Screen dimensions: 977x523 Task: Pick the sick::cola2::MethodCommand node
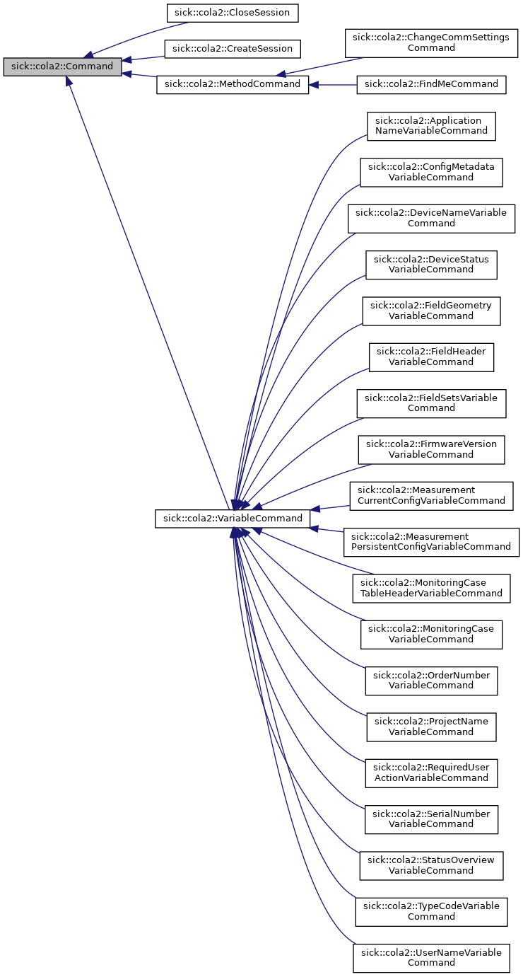[233, 85]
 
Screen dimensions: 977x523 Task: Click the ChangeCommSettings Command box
[431, 43]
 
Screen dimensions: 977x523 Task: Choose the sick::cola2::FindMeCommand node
[431, 84]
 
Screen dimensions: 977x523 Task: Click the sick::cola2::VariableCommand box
[233, 519]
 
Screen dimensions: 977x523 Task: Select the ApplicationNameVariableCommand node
[431, 125]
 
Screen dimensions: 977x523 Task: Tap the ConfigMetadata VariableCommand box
[431, 172]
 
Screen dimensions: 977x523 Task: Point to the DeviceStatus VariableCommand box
[431, 264]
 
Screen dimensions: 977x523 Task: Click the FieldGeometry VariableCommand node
[431, 311]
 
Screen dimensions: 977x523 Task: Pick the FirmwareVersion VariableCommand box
[431, 449]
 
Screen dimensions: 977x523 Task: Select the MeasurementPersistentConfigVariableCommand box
[431, 541]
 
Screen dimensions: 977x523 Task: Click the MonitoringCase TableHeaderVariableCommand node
[431, 587]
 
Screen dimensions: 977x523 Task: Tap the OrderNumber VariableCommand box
[431, 680]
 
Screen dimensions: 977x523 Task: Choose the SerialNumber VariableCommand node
[431, 819]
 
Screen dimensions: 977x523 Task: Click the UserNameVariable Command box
[431, 957]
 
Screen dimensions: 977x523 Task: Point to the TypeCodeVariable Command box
[431, 911]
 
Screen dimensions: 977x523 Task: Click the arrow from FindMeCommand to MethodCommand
[332, 85]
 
